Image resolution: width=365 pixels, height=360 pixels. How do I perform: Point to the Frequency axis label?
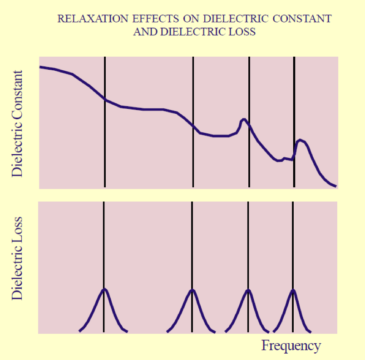(x=291, y=345)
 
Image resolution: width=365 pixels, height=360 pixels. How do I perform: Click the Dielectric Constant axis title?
(x=18, y=123)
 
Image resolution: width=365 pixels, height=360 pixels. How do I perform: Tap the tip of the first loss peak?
(x=104, y=289)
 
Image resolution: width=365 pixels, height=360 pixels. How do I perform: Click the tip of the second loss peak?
(x=192, y=289)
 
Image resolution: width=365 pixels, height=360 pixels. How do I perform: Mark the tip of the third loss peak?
(x=248, y=289)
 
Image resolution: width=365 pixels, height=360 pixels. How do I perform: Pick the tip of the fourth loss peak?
(x=293, y=289)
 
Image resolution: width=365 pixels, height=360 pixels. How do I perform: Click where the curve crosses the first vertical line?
(x=105, y=99)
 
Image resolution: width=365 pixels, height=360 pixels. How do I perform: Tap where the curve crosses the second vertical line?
(x=193, y=126)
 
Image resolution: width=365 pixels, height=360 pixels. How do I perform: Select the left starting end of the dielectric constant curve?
(x=41, y=67)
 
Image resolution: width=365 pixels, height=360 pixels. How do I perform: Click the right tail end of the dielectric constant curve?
(x=335, y=185)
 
